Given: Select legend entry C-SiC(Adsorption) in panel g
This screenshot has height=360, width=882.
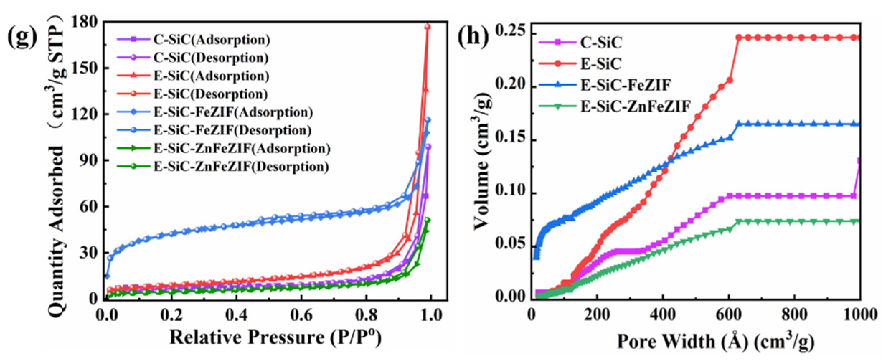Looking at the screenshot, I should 212,40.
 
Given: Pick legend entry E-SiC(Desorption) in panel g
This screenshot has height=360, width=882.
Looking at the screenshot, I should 211,94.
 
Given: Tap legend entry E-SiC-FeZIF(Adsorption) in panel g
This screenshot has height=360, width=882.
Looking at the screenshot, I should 233,113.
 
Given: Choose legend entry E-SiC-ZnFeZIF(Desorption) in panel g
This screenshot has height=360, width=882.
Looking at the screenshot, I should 241,167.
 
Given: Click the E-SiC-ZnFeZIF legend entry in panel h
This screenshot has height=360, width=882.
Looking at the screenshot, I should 635,106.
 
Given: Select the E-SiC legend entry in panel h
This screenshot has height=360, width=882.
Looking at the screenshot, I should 601,64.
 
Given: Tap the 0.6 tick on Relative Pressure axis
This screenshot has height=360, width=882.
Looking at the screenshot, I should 301,315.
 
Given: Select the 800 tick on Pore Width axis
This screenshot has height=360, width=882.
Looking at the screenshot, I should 794,314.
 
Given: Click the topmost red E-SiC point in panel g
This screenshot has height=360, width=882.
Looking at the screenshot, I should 427,27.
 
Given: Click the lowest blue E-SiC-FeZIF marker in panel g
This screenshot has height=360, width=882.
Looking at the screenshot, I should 107,276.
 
